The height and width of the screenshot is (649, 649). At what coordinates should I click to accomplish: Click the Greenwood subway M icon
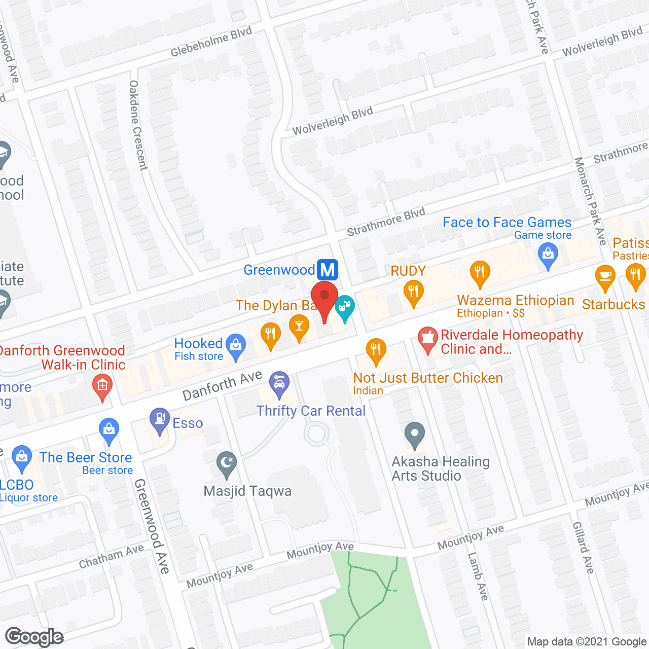[328, 270]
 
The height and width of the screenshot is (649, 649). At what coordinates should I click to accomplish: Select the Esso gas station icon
[160, 420]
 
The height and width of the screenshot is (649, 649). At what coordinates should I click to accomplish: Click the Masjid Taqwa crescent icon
[227, 463]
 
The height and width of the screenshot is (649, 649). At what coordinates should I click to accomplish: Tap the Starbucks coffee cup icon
[605, 277]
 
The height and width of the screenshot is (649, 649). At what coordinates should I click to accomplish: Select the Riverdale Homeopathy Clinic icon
[428, 338]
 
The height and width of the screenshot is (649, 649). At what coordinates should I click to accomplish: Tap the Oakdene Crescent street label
[138, 125]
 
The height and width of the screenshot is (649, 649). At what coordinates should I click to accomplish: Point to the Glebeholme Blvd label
[211, 42]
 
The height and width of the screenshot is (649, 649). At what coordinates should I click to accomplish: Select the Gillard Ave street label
[583, 548]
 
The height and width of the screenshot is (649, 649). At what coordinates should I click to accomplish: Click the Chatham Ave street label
[111, 556]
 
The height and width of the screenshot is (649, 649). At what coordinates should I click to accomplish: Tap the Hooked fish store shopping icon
[236, 346]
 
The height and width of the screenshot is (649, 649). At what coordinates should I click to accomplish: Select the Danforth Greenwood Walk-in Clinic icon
[102, 386]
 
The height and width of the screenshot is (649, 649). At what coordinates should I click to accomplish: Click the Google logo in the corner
[34, 637]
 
